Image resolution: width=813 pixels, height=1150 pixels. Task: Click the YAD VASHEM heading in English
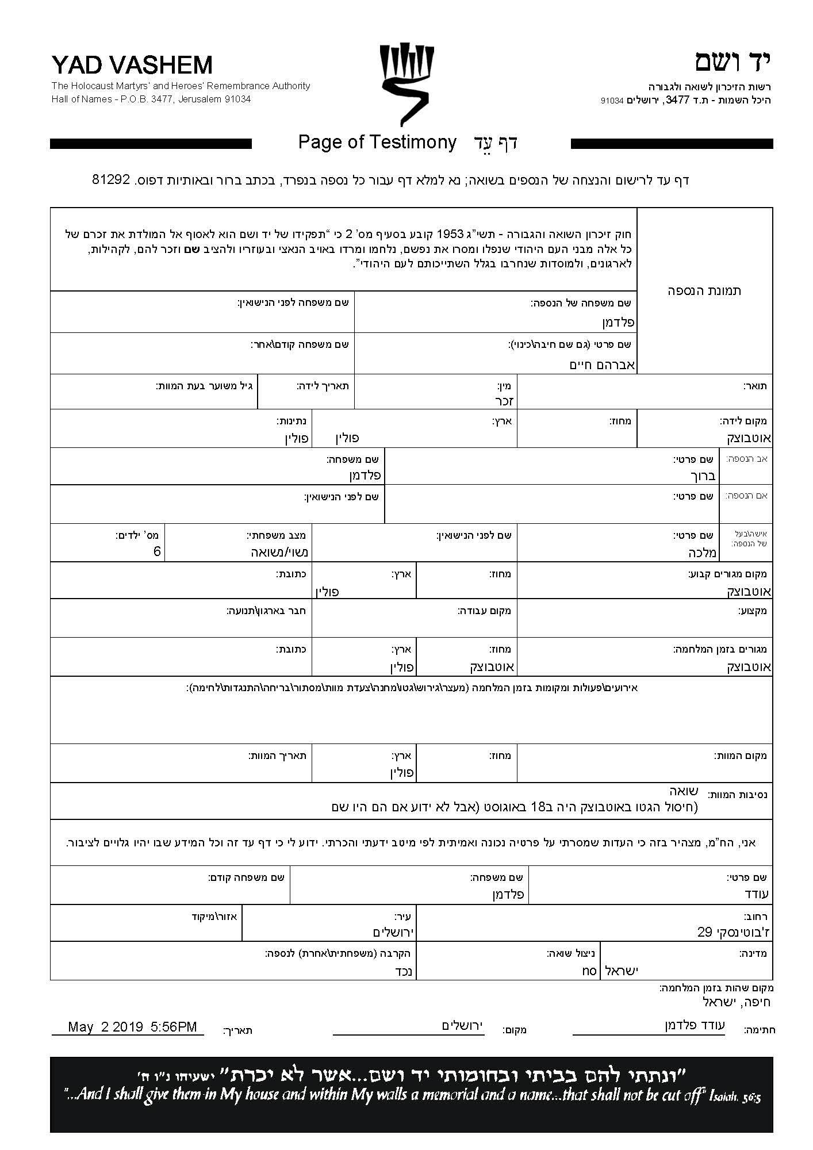click(x=132, y=66)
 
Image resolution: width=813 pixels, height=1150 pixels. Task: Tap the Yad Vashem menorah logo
click(x=406, y=84)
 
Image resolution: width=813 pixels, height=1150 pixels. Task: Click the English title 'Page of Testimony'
click(x=377, y=142)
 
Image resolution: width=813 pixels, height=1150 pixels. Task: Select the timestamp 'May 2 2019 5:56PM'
click(x=132, y=1027)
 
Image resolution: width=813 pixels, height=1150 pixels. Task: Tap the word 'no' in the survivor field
click(x=589, y=971)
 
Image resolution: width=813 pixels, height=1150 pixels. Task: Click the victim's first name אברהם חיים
click(x=601, y=365)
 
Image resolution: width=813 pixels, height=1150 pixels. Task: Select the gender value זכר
click(x=507, y=401)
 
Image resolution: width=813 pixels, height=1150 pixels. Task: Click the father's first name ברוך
click(x=701, y=476)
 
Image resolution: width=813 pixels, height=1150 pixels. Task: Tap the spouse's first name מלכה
click(x=701, y=553)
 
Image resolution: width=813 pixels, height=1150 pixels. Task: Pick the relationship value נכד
click(x=403, y=971)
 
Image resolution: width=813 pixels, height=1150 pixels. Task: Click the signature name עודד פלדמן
click(x=695, y=1025)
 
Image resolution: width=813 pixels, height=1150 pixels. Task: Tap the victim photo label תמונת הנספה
click(x=704, y=290)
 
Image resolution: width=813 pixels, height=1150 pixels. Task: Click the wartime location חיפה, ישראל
click(x=737, y=1002)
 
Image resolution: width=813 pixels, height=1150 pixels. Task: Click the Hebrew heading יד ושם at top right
click(x=732, y=62)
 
